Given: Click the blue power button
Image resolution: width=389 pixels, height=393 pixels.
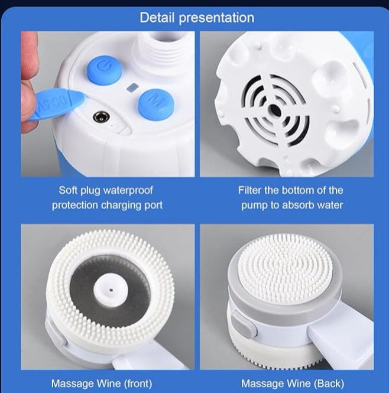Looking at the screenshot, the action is [x=104, y=69].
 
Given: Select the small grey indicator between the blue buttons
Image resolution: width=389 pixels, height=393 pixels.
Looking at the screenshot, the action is [x=132, y=87].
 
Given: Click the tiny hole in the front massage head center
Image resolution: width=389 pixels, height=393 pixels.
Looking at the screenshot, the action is [x=111, y=291].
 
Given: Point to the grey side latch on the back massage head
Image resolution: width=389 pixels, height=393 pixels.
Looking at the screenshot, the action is [x=244, y=324].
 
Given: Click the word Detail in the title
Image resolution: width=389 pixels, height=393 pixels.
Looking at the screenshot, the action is [x=157, y=18].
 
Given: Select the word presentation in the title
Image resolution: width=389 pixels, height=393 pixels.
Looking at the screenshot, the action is [x=216, y=18].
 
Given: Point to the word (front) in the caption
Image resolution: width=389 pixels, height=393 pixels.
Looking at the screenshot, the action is [x=138, y=384].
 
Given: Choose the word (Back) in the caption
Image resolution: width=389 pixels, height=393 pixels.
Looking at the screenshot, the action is [x=329, y=384].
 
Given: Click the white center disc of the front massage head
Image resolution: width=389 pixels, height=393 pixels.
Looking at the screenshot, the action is [x=111, y=291].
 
